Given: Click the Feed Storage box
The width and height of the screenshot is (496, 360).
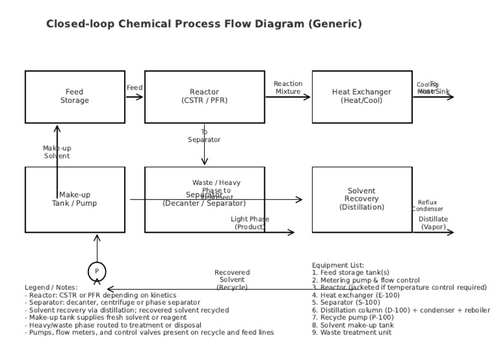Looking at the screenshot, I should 75,97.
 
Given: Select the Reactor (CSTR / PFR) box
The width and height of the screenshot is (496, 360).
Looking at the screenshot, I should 204,97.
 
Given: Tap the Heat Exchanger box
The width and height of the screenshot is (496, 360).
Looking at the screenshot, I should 362,97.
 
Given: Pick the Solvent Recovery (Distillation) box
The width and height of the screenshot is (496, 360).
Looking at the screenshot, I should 362,199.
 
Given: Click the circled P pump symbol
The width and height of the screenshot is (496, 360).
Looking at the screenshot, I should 97,271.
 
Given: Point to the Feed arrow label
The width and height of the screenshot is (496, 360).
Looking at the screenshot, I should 134,88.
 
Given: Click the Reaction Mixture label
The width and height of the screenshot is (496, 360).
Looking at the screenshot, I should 288,88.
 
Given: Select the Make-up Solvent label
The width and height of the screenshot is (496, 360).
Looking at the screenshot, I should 57,152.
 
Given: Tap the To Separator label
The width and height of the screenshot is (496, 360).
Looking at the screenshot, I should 204,136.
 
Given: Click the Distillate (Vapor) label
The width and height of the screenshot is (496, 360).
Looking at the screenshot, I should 433,223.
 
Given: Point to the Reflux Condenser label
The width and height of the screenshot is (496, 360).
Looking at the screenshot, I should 427,206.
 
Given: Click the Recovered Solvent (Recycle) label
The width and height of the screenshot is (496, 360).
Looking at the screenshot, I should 232,279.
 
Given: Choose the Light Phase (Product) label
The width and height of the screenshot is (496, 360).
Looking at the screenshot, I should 250,223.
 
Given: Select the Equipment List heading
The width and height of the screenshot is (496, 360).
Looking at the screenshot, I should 338,265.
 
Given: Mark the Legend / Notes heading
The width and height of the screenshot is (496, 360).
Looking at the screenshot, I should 51,287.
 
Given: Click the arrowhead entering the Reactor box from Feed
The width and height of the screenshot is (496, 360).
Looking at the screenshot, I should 141,97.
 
